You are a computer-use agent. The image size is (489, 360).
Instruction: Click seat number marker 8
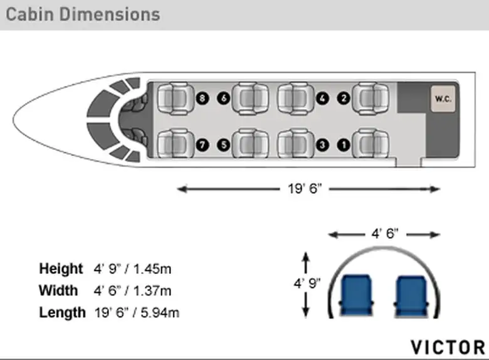click(202, 98)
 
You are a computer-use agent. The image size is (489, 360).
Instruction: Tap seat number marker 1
click(344, 145)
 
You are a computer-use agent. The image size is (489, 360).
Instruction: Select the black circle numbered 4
click(322, 98)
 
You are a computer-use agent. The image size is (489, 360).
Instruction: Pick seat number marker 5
click(224, 145)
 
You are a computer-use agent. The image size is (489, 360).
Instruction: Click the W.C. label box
click(443, 99)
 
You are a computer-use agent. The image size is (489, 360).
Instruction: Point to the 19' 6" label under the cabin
click(305, 188)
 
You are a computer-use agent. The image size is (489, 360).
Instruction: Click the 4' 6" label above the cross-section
click(385, 233)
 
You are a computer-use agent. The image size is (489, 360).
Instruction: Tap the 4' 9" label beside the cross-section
click(307, 283)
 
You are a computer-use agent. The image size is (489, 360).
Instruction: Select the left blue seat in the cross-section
click(356, 295)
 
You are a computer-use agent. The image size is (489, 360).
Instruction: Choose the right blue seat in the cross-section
click(411, 295)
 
